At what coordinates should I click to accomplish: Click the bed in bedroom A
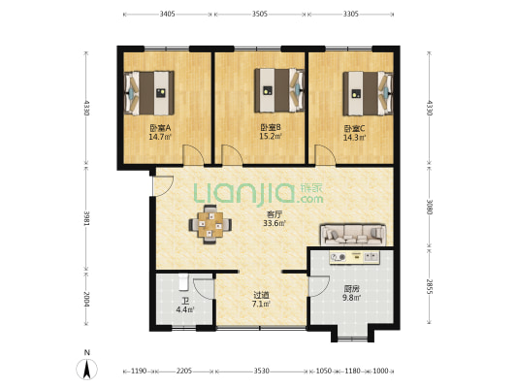(x=148, y=93)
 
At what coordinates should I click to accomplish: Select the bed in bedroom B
(x=279, y=90)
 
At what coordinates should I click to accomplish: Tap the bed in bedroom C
(x=368, y=94)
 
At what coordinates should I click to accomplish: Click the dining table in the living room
(x=210, y=224)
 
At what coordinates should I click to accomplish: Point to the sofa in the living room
(x=353, y=235)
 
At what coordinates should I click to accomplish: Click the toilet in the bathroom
(x=183, y=282)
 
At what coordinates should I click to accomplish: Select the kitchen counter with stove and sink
(x=355, y=257)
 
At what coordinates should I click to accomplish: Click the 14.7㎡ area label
(x=160, y=137)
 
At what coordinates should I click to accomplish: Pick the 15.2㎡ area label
(x=271, y=136)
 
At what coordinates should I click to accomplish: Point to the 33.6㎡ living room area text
(x=275, y=223)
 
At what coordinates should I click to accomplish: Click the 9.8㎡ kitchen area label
(x=352, y=298)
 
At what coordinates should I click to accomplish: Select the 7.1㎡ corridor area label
(x=262, y=304)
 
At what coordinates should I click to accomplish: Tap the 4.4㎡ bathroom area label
(x=185, y=309)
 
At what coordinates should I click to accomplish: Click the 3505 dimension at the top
(x=260, y=14)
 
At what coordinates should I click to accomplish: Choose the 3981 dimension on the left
(x=86, y=219)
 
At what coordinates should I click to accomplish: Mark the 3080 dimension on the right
(x=429, y=207)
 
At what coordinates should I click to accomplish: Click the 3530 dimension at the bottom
(x=262, y=371)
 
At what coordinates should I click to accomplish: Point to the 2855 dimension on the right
(x=429, y=287)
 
